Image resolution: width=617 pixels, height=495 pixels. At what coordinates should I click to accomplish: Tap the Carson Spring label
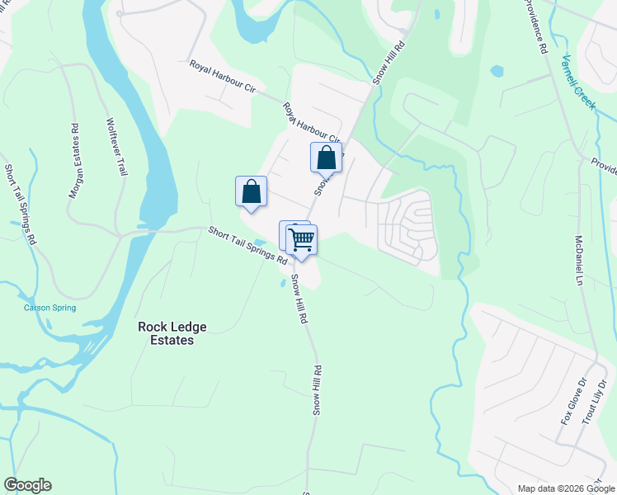[x=49, y=308]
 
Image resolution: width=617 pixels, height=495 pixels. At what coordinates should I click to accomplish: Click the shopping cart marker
[x=302, y=240]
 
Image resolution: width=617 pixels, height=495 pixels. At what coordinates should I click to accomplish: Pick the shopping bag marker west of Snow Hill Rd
[x=251, y=191]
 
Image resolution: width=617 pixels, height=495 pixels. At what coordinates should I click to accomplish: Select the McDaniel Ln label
[x=578, y=260]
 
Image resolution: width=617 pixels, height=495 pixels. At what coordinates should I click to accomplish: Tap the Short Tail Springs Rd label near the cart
[x=247, y=245]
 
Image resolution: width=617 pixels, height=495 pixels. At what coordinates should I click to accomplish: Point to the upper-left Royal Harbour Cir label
[x=221, y=80]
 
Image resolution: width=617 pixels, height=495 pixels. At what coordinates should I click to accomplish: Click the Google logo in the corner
[x=27, y=485]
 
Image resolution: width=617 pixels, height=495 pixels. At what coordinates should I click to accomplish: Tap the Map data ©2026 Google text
[x=565, y=488]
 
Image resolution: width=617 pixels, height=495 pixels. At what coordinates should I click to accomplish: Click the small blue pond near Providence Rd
[x=497, y=71]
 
